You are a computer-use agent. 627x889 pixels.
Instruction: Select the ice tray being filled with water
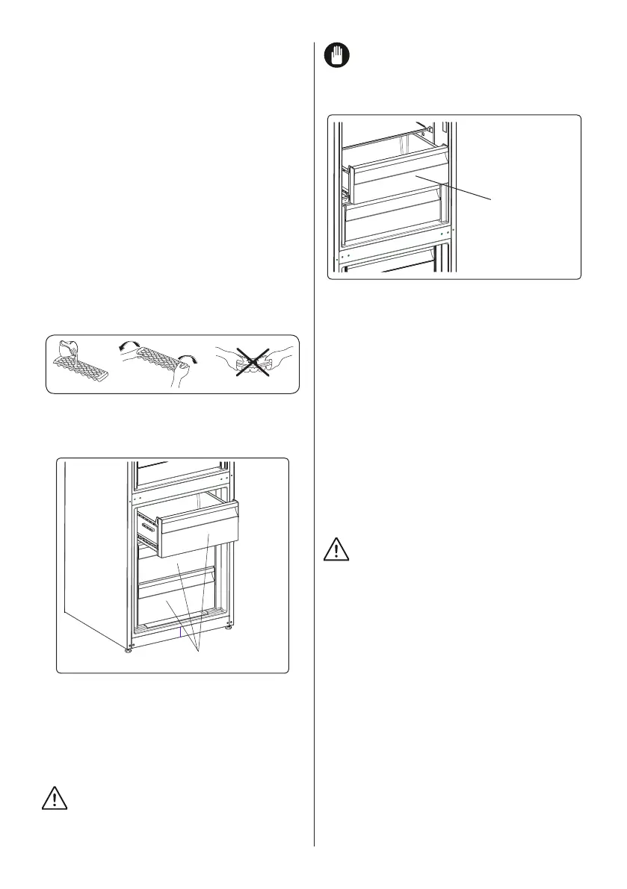pos(81,369)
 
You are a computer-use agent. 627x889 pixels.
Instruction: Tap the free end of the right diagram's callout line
pos(492,199)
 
